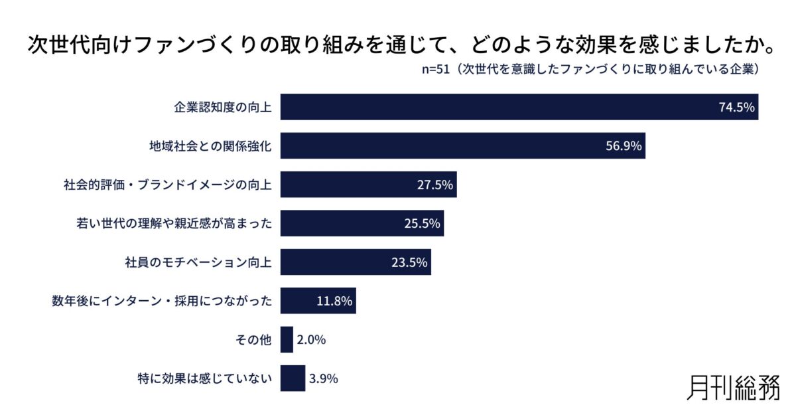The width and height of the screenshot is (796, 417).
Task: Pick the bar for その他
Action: (287, 340)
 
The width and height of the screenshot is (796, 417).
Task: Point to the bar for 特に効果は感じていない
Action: (293, 378)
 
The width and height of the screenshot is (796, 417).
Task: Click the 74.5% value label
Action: (737, 108)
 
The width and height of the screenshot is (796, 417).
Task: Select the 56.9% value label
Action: (624, 146)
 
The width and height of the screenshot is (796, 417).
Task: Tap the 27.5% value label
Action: (435, 185)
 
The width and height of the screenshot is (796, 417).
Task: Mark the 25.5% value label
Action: (423, 224)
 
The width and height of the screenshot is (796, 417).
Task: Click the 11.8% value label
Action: (334, 301)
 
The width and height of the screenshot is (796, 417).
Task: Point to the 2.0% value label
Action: (311, 340)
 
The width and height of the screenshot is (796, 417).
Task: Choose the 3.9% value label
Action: (324, 378)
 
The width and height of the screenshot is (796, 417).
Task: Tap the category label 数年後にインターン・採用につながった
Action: (163, 301)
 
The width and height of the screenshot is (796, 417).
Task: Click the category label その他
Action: (253, 340)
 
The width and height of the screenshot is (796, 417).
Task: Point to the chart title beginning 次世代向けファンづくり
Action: (398, 44)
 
